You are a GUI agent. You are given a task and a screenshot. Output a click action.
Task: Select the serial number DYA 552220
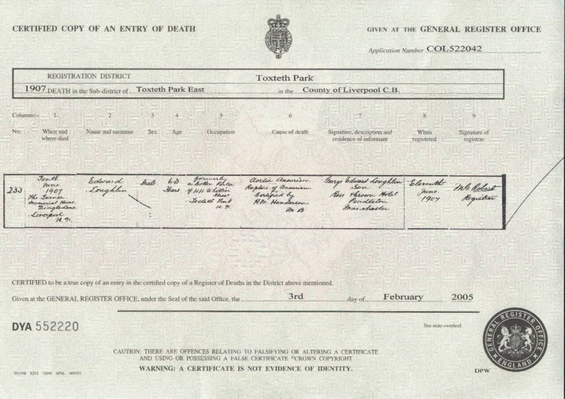pyautogui.click(x=45, y=327)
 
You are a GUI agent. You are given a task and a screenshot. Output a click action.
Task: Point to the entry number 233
pyautogui.click(x=15, y=189)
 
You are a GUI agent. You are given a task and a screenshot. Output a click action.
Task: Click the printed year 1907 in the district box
pyautogui.click(x=35, y=89)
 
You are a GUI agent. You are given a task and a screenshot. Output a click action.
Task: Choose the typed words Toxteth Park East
pyautogui.click(x=170, y=89)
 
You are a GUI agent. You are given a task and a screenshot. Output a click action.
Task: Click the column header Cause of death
pyautogui.click(x=290, y=132)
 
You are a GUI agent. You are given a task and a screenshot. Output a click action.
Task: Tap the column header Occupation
pyautogui.click(x=221, y=132)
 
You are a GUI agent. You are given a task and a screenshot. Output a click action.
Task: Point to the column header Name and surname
pyautogui.click(x=109, y=132)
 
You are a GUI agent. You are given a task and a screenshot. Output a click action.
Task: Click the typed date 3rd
pyautogui.click(x=296, y=297)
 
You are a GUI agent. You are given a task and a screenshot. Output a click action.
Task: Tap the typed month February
pyautogui.click(x=403, y=297)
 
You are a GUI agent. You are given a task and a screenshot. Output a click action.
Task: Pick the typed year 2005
pyautogui.click(x=462, y=297)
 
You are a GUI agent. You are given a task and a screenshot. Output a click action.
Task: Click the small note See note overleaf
pyautogui.click(x=442, y=326)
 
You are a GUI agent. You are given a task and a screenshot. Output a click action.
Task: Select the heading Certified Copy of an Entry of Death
pyautogui.click(x=104, y=29)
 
